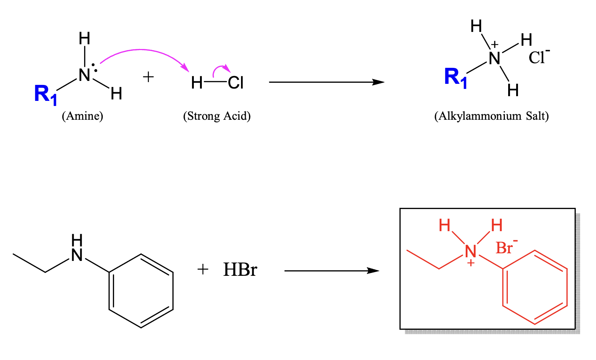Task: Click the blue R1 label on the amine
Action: tap(46, 94)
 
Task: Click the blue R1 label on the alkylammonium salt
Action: tap(456, 78)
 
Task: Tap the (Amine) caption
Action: tap(82, 116)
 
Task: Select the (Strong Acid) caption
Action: tap(217, 116)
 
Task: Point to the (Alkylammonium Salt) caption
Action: tap(491, 116)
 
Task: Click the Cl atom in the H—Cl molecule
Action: tap(236, 83)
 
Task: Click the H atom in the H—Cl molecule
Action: tap(197, 83)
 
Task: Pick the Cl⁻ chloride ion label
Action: tap(539, 57)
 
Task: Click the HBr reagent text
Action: tap(240, 270)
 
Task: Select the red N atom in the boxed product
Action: tap(470, 251)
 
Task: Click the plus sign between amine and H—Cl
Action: tap(148, 77)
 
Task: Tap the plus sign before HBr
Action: tap(203, 269)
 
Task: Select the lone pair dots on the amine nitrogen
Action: tap(94, 67)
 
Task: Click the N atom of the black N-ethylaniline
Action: tap(77, 255)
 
